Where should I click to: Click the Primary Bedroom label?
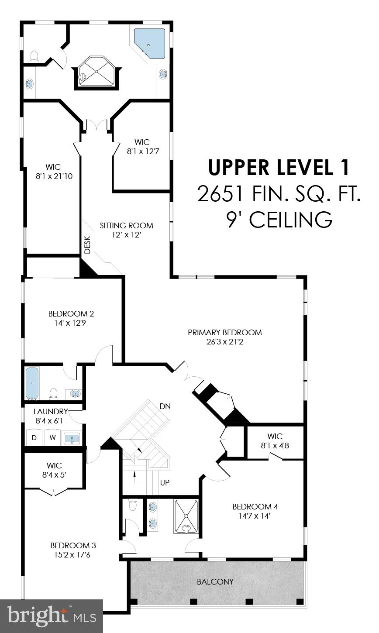click(224, 333)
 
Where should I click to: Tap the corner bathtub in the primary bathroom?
click(149, 44)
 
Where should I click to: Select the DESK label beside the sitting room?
click(87, 245)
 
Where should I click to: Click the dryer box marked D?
click(34, 437)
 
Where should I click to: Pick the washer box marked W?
click(52, 437)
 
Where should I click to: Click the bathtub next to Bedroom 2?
click(32, 383)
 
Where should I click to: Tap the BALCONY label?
click(215, 582)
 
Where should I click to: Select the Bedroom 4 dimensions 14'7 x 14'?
click(255, 516)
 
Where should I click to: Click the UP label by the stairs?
click(165, 483)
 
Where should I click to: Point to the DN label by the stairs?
click(165, 406)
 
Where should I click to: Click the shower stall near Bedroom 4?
click(186, 516)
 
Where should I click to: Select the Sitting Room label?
click(126, 226)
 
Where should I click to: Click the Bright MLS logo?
click(51, 616)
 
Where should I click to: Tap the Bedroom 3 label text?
click(73, 546)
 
